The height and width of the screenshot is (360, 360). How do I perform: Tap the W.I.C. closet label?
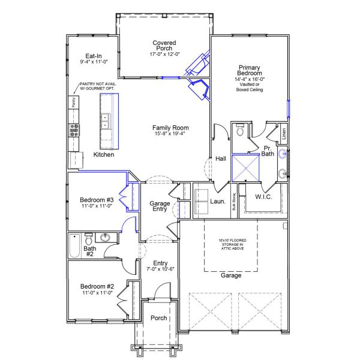pyautogui.click(x=265, y=196)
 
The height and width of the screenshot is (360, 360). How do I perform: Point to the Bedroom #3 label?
pyautogui.click(x=97, y=200)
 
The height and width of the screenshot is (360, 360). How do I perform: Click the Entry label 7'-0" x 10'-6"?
pyautogui.click(x=160, y=263)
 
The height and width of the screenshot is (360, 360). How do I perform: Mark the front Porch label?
pyautogui.click(x=158, y=318)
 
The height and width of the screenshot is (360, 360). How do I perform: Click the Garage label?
pyautogui.click(x=232, y=275)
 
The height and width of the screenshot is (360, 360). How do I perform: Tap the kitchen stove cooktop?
pyautogui.click(x=74, y=131)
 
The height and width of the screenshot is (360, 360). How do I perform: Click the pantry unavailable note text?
pyautogui.click(x=98, y=86)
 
